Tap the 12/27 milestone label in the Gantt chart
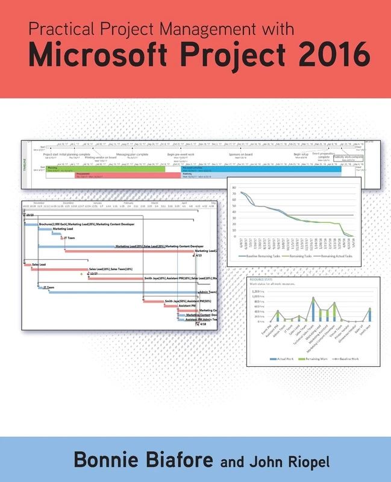(x=93, y=274)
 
